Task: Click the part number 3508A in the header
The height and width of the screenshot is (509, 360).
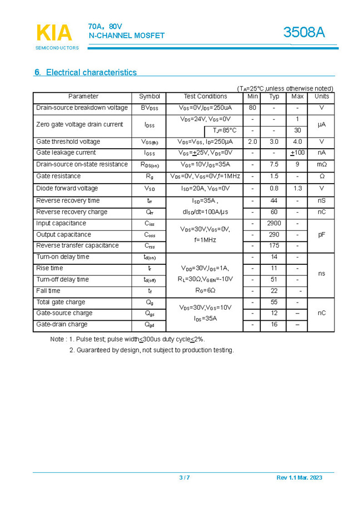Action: [304, 33]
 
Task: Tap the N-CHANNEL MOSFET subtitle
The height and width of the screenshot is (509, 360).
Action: [127, 36]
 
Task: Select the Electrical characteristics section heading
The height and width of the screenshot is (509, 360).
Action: [86, 72]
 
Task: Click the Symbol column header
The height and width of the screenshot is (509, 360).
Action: [150, 97]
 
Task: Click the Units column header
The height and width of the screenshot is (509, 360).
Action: [322, 97]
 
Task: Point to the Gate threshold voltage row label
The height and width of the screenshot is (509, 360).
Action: [68, 142]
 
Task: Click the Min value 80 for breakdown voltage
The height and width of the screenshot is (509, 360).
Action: [252, 108]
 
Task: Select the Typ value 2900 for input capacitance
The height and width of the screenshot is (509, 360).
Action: [274, 223]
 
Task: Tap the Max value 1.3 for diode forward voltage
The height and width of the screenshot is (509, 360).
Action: [297, 188]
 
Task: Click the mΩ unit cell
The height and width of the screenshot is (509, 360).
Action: [322, 164]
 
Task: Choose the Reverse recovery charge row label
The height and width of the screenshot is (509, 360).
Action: [72, 212]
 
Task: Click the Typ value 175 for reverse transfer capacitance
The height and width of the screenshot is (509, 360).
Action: [274, 245]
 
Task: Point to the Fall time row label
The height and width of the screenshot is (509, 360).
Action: [48, 291]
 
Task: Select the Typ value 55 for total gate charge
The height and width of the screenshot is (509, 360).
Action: [274, 302]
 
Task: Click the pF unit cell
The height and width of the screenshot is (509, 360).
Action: [322, 234]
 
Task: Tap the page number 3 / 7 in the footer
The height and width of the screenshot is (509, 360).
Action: [184, 478]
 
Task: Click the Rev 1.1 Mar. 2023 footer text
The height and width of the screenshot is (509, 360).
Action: [299, 478]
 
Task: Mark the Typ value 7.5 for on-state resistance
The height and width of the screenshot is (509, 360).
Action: [274, 164]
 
